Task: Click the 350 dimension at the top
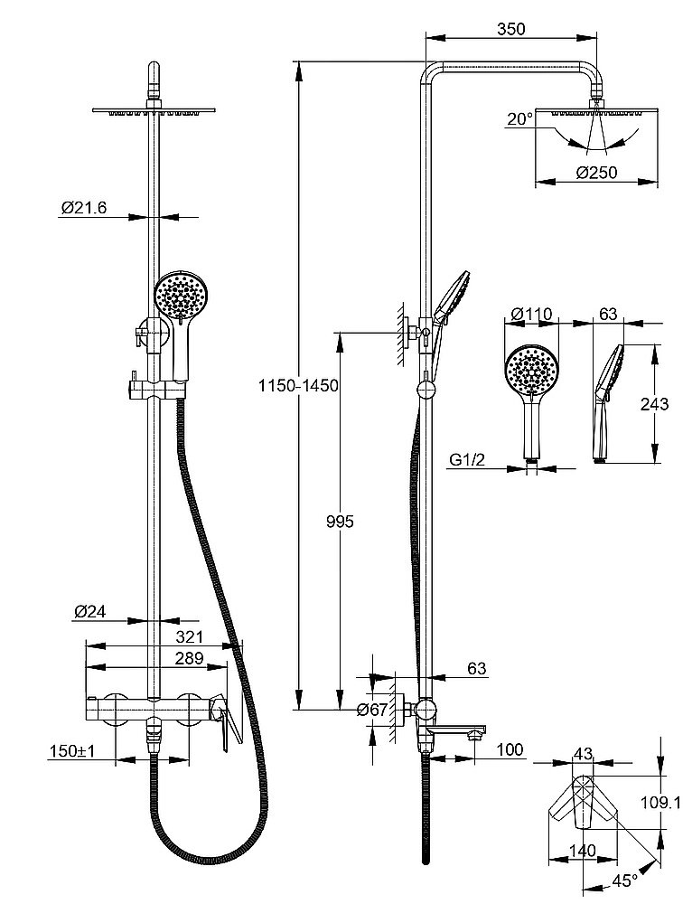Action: click(x=510, y=29)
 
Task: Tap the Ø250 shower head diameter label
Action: click(x=595, y=172)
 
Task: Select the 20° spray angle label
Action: click(x=519, y=118)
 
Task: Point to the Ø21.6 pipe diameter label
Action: click(x=84, y=208)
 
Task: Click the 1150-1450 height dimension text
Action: click(x=297, y=386)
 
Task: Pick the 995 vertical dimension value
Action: click(x=341, y=522)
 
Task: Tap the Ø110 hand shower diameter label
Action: click(x=530, y=314)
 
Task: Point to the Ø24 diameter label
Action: click(x=90, y=612)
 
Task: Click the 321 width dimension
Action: click(x=189, y=636)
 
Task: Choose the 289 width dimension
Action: click(x=189, y=658)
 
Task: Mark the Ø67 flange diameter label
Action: click(x=372, y=710)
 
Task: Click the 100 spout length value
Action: click(x=510, y=749)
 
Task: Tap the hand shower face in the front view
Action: click(x=182, y=294)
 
